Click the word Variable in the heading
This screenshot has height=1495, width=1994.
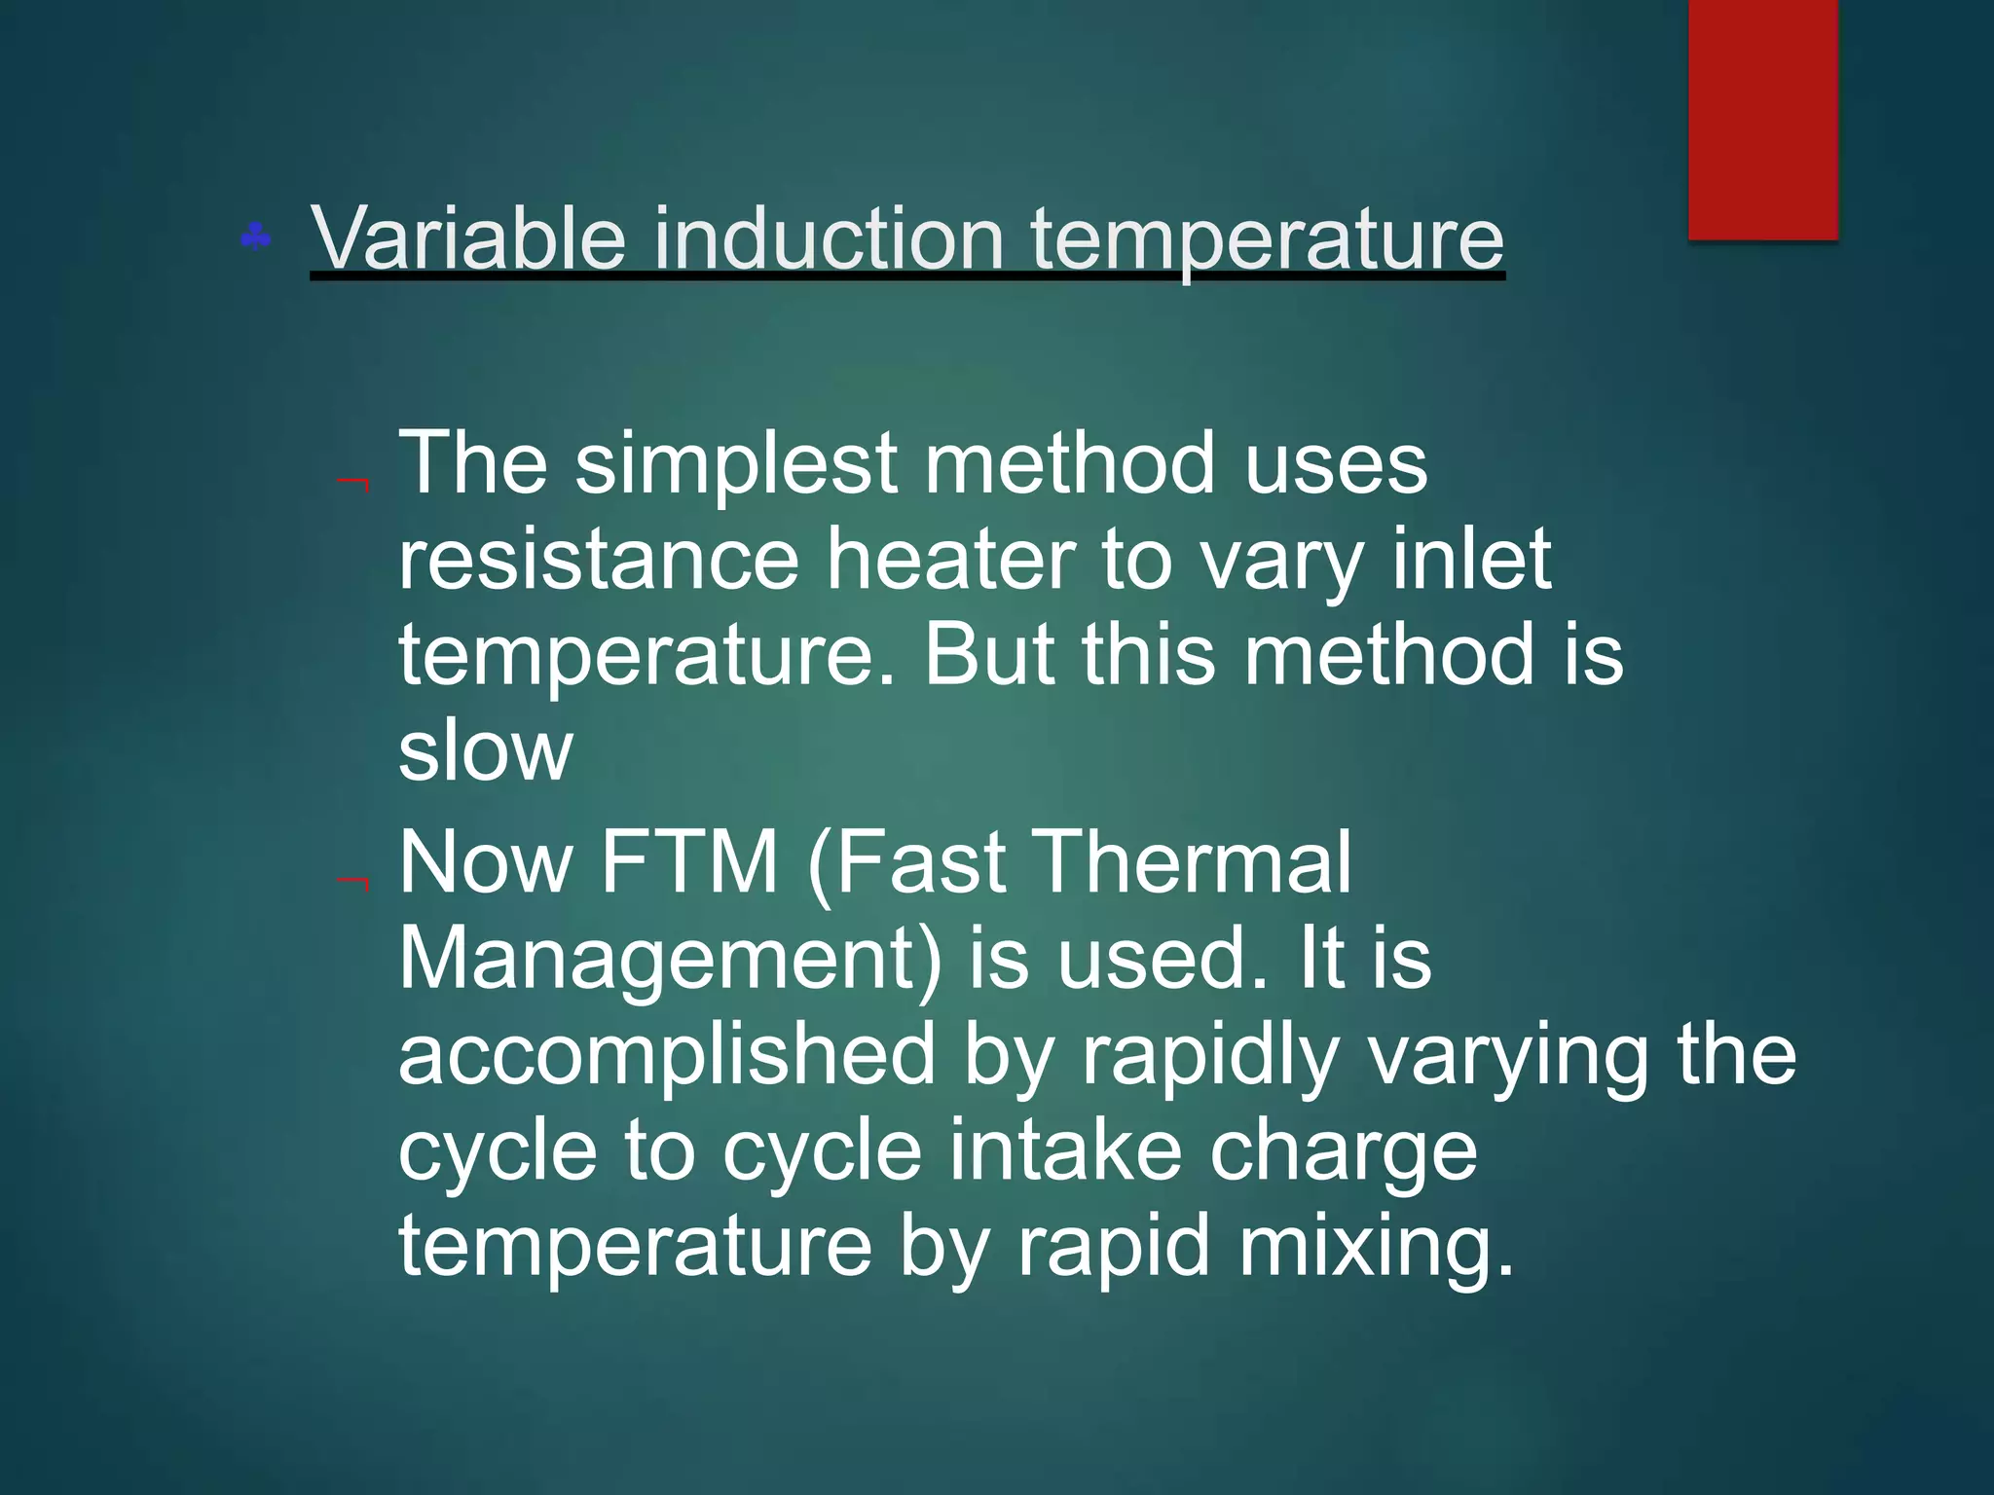pos(467,238)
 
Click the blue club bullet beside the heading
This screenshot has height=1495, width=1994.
pos(256,237)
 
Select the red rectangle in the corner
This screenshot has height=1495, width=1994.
pos(1762,119)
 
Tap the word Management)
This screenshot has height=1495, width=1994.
pos(670,960)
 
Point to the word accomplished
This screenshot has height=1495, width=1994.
pos(667,1056)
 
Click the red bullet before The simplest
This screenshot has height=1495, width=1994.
pos(352,484)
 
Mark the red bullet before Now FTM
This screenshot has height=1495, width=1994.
pos(352,883)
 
